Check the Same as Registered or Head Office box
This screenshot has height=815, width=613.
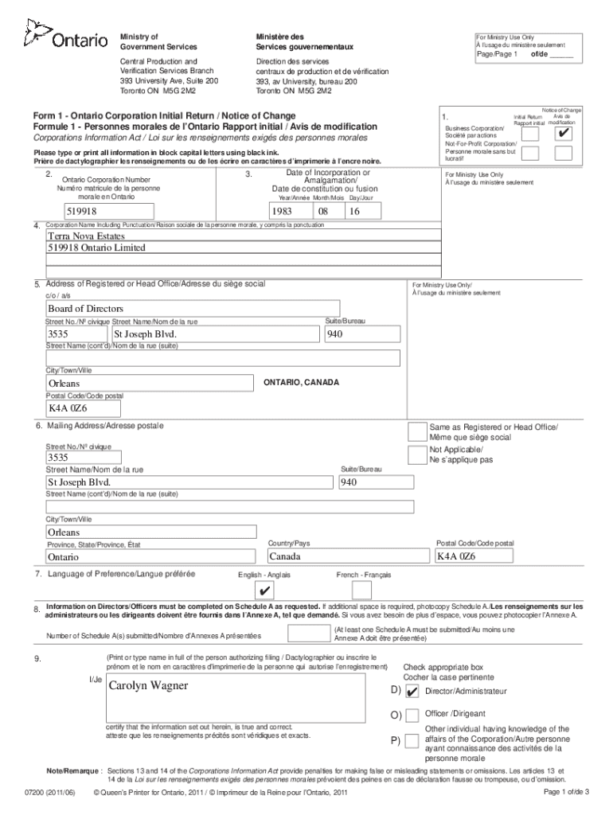pos(416,431)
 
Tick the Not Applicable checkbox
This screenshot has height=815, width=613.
pos(416,454)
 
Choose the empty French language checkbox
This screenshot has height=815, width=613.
pos(361,590)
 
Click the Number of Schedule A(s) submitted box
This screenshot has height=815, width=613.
pos(306,634)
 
